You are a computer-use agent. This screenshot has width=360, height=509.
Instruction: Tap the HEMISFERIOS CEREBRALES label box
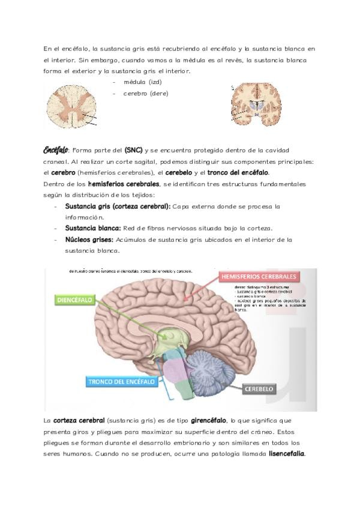259,277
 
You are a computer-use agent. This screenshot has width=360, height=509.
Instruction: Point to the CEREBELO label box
259,389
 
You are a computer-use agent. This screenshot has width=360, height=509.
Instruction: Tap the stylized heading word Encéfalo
56,149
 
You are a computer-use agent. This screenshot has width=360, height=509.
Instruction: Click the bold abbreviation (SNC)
134,149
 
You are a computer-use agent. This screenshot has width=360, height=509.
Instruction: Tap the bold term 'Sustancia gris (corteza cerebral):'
118,206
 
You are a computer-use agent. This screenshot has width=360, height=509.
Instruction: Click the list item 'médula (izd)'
143,82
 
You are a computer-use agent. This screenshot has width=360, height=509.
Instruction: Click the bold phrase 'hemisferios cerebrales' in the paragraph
124,184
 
